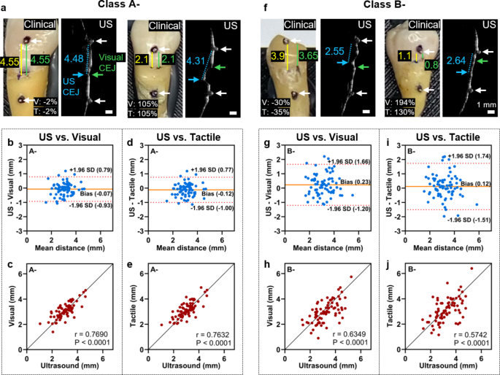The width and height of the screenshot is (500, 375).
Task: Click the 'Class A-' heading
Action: point(123,6)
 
